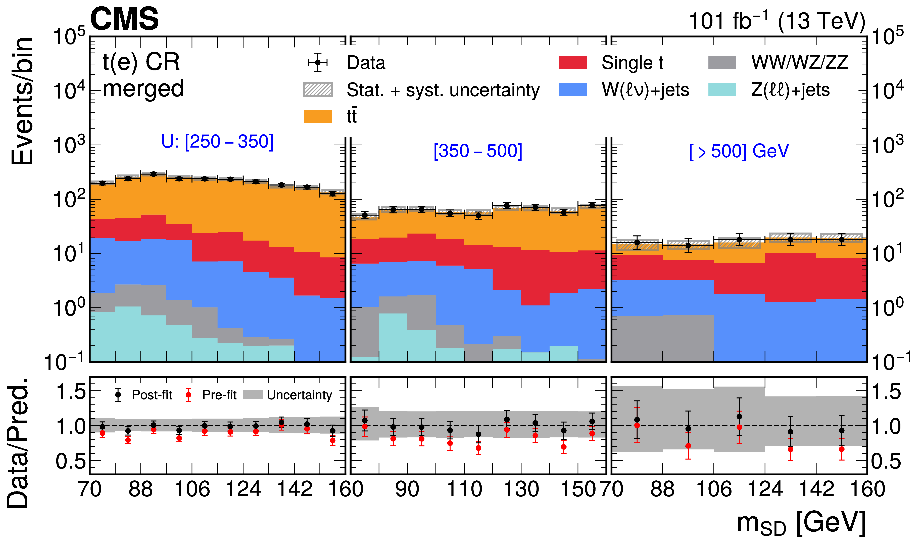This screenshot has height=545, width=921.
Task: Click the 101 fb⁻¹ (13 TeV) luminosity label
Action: click(x=776, y=21)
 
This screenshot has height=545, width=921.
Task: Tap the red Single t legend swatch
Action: click(x=572, y=62)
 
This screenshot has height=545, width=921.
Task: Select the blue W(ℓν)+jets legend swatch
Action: click(x=572, y=90)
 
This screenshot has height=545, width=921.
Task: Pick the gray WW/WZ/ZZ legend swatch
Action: click(x=722, y=62)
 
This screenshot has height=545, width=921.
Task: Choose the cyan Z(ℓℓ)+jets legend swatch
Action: click(x=722, y=90)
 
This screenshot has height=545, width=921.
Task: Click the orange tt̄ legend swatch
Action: click(x=318, y=116)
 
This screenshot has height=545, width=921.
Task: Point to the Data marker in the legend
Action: click(x=318, y=62)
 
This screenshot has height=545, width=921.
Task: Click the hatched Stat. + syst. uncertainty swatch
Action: click(x=318, y=90)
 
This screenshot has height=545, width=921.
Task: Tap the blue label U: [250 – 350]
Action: click(x=217, y=141)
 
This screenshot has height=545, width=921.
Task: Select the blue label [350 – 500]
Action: click(x=478, y=151)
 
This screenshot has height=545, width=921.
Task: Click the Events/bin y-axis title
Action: click(x=22, y=101)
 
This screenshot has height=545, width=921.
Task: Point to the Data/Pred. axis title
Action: click(x=18, y=442)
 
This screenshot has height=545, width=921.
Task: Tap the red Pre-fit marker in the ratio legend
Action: click(x=188, y=395)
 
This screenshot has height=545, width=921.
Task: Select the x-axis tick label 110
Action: click(x=464, y=489)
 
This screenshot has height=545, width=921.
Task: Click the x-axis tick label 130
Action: click(x=521, y=489)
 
